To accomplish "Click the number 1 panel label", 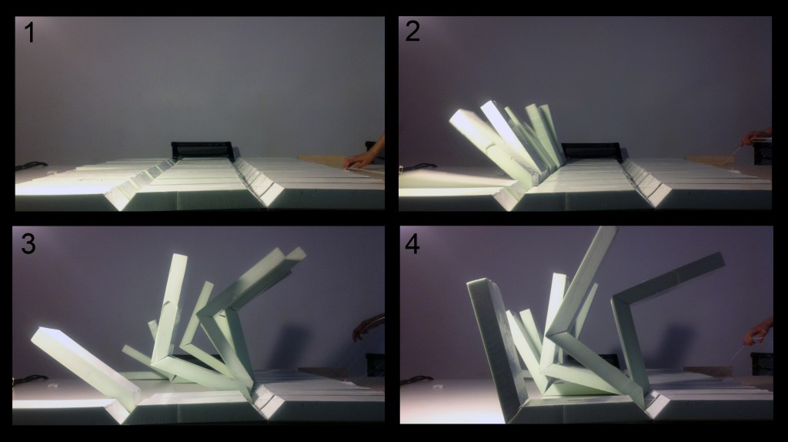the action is click(x=30, y=32).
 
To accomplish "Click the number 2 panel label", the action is click(x=412, y=31).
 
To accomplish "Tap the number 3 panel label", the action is click(x=28, y=243).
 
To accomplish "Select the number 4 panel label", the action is click(x=412, y=244).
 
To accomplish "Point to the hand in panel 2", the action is click(x=756, y=136).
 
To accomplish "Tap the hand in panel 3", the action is click(x=368, y=326).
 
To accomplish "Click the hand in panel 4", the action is click(x=758, y=332).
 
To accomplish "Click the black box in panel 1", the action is click(x=203, y=150).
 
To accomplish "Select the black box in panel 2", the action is click(x=592, y=152).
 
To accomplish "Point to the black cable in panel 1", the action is click(x=30, y=165).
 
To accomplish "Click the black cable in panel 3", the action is click(x=30, y=379).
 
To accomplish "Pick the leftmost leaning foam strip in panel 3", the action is click(x=85, y=368).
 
